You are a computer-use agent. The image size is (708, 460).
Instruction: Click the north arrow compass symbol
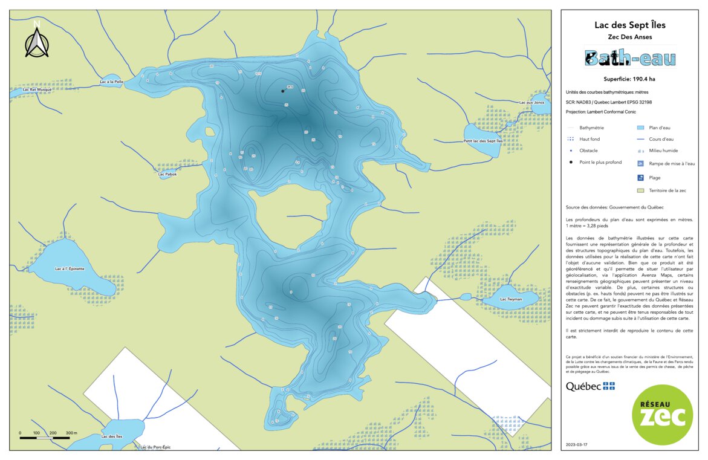click(37, 42)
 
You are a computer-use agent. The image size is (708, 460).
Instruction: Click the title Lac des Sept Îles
click(629, 25)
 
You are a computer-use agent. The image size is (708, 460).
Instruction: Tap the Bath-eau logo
click(629, 58)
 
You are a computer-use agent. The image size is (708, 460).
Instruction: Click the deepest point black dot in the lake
click(282, 91)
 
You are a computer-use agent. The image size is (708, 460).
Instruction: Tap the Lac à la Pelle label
click(112, 82)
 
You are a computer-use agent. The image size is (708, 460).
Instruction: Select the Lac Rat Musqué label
click(37, 89)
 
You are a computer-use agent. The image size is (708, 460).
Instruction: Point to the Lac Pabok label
click(167, 174)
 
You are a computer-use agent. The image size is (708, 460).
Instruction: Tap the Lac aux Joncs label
click(531, 102)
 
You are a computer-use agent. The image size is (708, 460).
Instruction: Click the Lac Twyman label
click(511, 299)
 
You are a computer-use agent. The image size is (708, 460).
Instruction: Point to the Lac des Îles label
click(112, 436)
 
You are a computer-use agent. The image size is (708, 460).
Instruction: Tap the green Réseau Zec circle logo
click(662, 414)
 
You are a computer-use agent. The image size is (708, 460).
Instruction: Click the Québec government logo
click(590, 386)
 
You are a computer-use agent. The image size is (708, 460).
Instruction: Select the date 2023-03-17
click(576, 444)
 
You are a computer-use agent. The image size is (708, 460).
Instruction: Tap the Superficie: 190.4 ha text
click(629, 79)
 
